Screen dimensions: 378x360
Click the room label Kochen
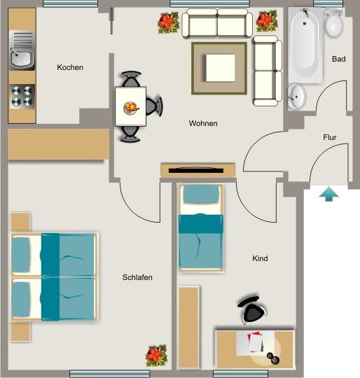[70, 68]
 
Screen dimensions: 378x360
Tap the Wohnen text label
[203, 124]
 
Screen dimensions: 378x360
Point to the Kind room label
[260, 259]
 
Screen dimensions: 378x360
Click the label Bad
[338, 59]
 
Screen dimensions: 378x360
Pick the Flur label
[330, 138]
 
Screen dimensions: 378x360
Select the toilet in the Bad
[333, 25]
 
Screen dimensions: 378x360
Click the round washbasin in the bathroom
[298, 95]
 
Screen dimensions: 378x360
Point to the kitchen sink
[21, 56]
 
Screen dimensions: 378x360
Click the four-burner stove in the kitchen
[22, 95]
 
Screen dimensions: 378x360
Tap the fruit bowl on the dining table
[130, 107]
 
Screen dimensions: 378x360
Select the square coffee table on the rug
[220, 69]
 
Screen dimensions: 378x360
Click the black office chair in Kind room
[251, 308]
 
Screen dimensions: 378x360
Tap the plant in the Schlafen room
[156, 355]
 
